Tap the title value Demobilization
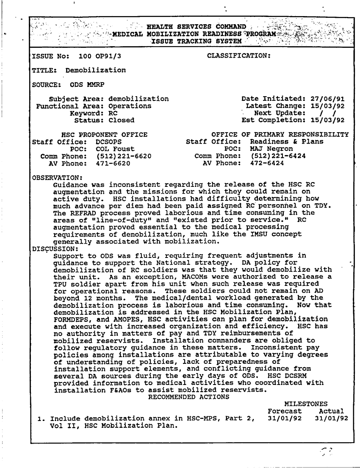pos(96,70)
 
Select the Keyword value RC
pos(113,113)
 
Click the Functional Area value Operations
pos(130,106)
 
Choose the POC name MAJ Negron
pos(271,149)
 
